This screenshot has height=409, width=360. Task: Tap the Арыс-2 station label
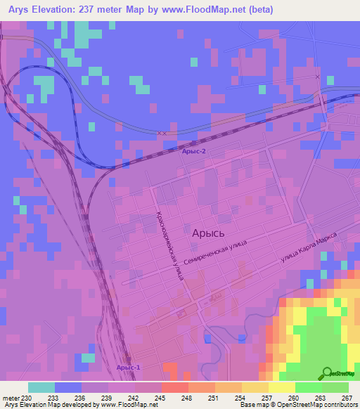tap(194, 151)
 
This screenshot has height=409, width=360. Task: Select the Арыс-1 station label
tap(128, 368)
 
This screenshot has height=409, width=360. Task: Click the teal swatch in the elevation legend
tap(41, 387)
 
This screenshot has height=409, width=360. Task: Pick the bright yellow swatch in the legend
tap(281, 387)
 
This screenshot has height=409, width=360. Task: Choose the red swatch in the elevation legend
tap(174, 387)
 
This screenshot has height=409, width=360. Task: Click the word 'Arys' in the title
tap(25, 10)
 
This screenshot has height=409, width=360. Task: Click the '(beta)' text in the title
tap(259, 10)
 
